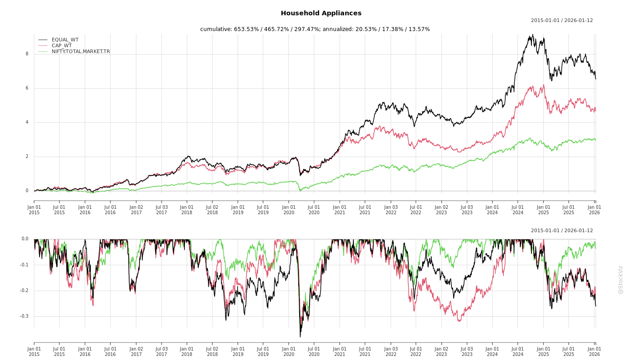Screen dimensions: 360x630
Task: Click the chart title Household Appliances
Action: pyautogui.click(x=321, y=13)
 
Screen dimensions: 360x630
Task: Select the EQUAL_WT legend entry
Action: pyautogui.click(x=65, y=40)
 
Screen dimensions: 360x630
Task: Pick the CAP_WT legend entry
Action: pyautogui.click(x=61, y=45)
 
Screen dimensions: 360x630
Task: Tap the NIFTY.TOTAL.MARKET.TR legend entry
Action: pyautogui.click(x=81, y=51)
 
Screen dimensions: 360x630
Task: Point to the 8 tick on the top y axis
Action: pyautogui.click(x=27, y=54)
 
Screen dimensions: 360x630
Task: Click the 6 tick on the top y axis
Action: pyautogui.click(x=27, y=88)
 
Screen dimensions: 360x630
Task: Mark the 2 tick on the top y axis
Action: pyautogui.click(x=27, y=157)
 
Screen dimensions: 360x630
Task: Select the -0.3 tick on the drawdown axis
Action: pyautogui.click(x=24, y=316)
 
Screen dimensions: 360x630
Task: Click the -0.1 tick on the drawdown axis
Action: pyautogui.click(x=24, y=265)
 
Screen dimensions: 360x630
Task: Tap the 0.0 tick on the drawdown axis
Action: pyautogui.click(x=25, y=239)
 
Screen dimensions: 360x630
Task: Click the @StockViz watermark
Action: pyautogui.click(x=621, y=279)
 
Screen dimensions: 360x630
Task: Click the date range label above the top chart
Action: pyautogui.click(x=562, y=20)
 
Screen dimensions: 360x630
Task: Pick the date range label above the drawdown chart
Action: pyautogui.click(x=562, y=230)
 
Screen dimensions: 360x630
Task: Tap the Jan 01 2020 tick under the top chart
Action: pyautogui.click(x=289, y=210)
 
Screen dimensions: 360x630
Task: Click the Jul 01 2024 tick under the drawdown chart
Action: pyautogui.click(x=518, y=351)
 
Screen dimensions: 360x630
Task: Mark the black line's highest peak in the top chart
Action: pyautogui.click(x=533, y=35)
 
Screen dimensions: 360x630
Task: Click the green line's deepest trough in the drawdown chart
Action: pyautogui.click(x=300, y=337)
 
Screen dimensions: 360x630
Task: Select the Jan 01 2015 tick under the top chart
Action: pyautogui.click(x=34, y=210)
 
